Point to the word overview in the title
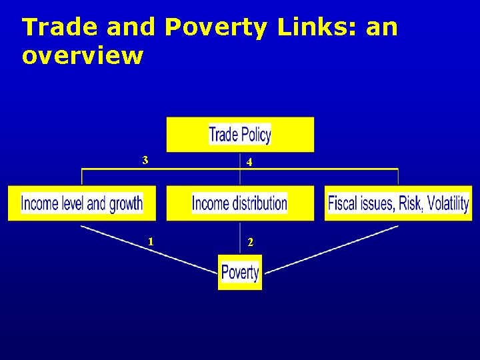point(82,56)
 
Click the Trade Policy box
point(240,135)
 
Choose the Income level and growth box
point(81,203)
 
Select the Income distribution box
point(240,203)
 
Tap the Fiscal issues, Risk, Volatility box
point(399,203)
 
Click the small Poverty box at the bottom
point(240,272)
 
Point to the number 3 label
point(145,160)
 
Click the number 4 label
point(249,162)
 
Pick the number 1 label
point(151,241)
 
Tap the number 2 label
point(250,243)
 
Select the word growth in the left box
point(126,203)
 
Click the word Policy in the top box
point(255,135)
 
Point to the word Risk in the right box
point(411,203)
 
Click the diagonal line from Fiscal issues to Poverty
point(333,248)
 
